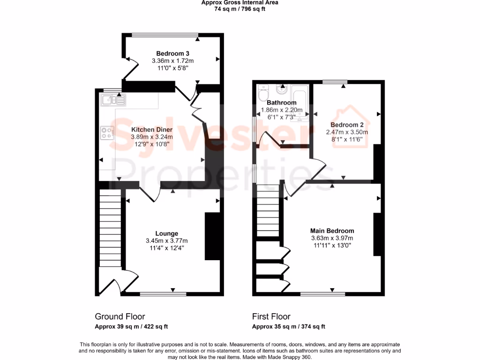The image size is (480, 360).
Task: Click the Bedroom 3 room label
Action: pyautogui.click(x=172, y=53)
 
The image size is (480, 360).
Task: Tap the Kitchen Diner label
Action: pyautogui.click(x=151, y=129)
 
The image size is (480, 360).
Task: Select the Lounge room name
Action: pyautogui.click(x=166, y=233)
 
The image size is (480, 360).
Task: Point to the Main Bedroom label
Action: pyautogui.click(x=332, y=231)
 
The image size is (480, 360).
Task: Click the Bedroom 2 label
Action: pyautogui.click(x=347, y=125)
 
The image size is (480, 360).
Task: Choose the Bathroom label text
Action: pyautogui.click(x=281, y=103)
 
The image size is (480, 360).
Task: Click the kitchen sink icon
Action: pyautogui.click(x=113, y=99)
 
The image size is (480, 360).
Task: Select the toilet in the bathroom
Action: pyautogui.click(x=263, y=93)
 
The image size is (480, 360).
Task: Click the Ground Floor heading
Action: pyautogui.click(x=120, y=316)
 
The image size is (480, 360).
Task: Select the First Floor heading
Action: pyautogui.click(x=271, y=316)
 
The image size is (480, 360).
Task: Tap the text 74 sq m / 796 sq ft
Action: pyautogui.click(x=240, y=9)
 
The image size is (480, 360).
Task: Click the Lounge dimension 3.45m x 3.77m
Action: pyautogui.click(x=166, y=241)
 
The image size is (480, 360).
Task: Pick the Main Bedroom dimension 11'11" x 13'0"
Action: pyautogui.click(x=332, y=245)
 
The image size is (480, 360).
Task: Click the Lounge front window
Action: pyautogui.click(x=163, y=294)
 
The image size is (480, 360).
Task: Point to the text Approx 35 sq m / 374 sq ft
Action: pyautogui.click(x=288, y=327)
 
